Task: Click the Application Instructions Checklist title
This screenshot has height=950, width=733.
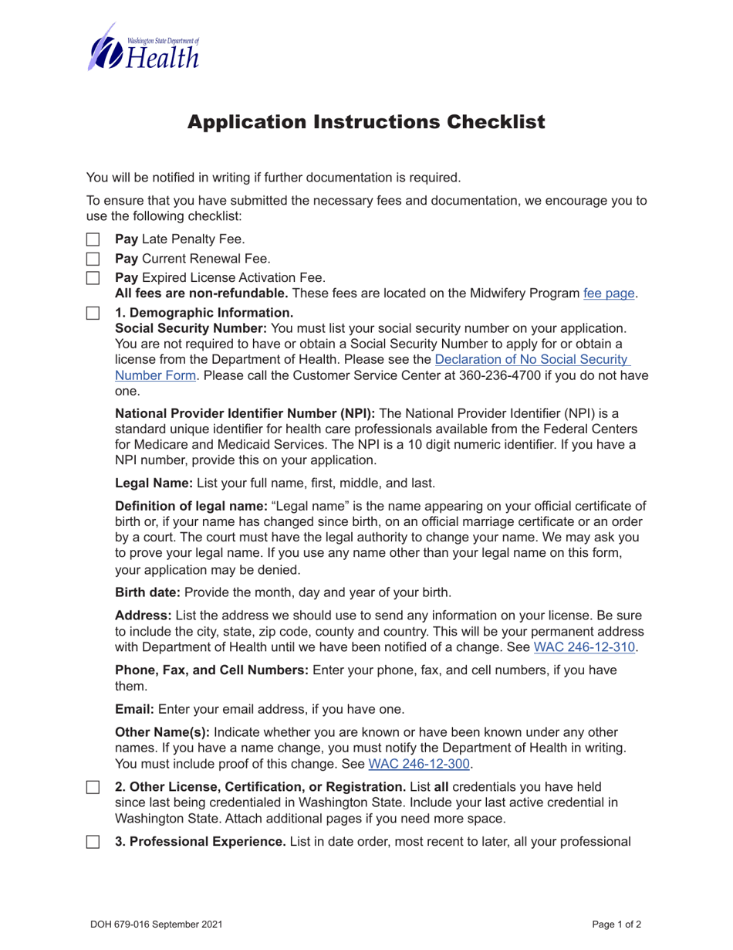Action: (x=366, y=122)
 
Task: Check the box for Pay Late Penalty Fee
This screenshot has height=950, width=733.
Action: (x=93, y=240)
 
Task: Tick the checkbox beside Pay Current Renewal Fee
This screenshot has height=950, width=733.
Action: (x=93, y=259)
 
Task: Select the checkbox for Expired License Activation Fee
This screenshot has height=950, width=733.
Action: (x=93, y=277)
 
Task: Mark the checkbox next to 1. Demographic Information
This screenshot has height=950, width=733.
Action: (x=93, y=314)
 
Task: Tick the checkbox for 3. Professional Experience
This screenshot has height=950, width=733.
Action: (x=93, y=841)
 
